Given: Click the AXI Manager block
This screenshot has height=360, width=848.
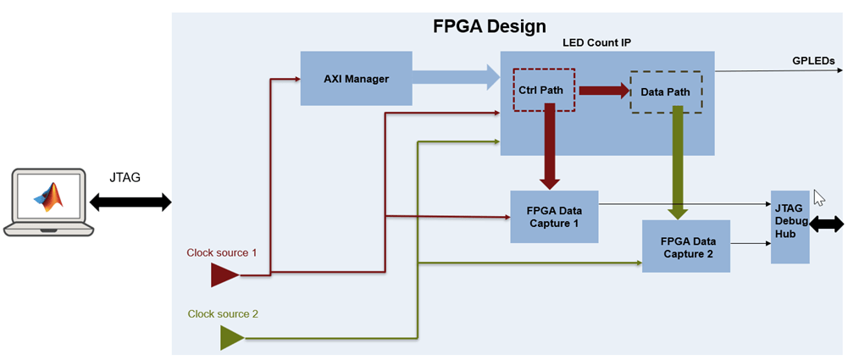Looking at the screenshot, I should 356,79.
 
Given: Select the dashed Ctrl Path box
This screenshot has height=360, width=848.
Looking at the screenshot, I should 544,89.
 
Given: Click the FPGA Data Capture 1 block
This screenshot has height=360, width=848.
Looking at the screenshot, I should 554,217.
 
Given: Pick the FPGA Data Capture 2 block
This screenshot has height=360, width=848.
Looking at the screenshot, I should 685,246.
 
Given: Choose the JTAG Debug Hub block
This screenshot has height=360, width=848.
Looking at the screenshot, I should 790,227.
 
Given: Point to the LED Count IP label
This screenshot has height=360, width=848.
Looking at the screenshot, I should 596,43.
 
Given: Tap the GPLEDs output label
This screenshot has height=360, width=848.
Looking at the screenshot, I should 814,62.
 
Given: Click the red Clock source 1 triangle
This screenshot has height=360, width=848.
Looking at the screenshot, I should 224,274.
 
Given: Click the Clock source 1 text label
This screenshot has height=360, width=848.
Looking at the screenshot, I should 221,252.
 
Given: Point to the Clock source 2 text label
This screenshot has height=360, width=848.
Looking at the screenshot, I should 223,313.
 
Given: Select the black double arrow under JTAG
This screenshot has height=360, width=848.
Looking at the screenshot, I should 130,202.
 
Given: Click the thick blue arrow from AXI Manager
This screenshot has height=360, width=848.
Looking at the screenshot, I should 457,79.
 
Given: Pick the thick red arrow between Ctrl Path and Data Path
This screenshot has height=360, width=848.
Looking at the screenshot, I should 602,90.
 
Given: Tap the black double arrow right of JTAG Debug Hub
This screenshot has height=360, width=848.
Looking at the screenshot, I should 827,224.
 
